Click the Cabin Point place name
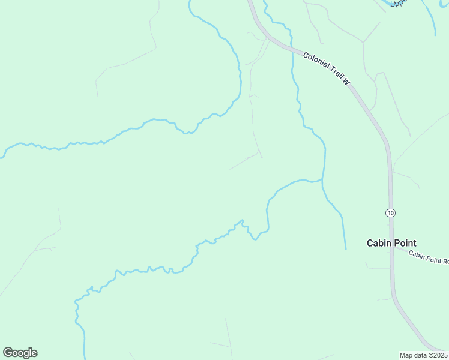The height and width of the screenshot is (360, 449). click(391, 243)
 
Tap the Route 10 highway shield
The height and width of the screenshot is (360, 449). click(390, 213)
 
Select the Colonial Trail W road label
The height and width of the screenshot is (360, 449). click(326, 68)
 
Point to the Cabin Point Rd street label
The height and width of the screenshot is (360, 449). click(429, 257)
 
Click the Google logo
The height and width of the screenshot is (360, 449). click(20, 353)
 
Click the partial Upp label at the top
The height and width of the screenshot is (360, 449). click(398, 3)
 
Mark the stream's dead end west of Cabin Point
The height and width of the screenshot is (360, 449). click(346, 249)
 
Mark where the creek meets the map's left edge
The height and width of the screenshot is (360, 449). click(1, 157)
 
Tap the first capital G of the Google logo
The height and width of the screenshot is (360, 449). click(8, 353)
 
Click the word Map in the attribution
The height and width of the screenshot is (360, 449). click(406, 355)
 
